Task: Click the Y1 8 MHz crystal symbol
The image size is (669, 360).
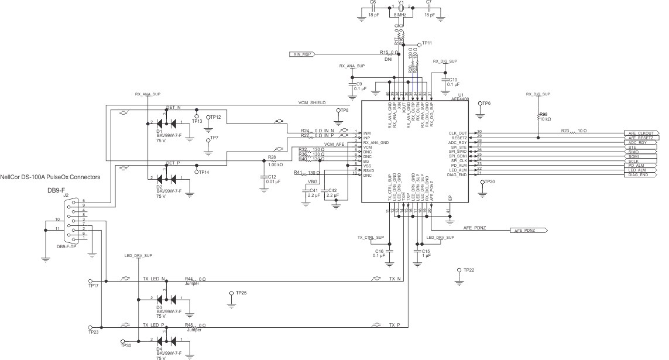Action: coord(400,8)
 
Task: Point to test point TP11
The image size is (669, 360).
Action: coord(419,44)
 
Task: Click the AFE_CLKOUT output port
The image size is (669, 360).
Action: coord(643,133)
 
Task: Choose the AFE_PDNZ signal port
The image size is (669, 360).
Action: coord(529,231)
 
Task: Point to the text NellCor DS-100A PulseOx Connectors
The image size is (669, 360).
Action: coord(50,177)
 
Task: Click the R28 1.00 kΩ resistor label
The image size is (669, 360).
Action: coord(275,162)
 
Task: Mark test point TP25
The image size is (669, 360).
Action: coord(232,293)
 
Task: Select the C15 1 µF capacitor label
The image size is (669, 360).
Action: coord(426,253)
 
